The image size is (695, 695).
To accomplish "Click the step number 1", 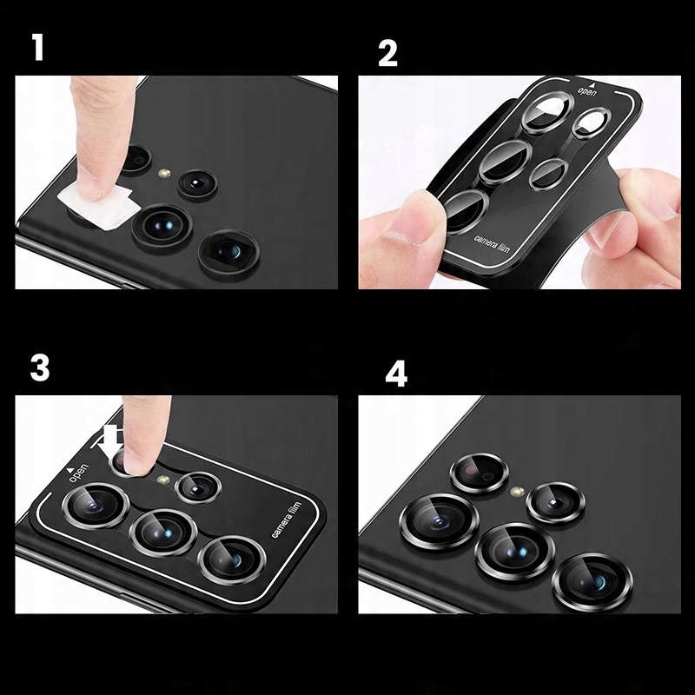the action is (38, 48).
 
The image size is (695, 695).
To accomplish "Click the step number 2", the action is (387, 54).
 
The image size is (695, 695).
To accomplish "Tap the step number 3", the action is (40, 368).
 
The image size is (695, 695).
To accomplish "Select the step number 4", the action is (396, 374).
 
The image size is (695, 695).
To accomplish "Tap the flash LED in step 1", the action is (165, 172).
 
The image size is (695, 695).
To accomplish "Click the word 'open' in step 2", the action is (587, 92).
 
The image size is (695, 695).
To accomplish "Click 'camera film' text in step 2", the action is (492, 244).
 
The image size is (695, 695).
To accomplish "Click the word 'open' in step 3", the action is (78, 473).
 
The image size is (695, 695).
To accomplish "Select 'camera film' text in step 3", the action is (286, 520).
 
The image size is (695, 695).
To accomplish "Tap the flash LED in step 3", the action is (164, 480).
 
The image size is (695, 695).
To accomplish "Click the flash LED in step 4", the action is (517, 491).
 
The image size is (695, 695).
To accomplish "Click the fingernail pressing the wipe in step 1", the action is (91, 189).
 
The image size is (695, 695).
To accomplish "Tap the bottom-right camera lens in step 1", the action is (228, 251).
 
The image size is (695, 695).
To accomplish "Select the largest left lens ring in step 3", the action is (96, 506).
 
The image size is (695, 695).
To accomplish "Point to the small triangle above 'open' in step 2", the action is (592, 83).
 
